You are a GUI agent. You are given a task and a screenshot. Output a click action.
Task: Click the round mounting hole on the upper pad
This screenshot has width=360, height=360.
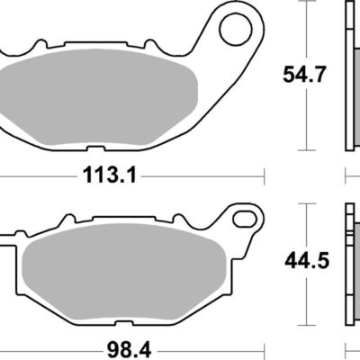pos(231,26)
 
